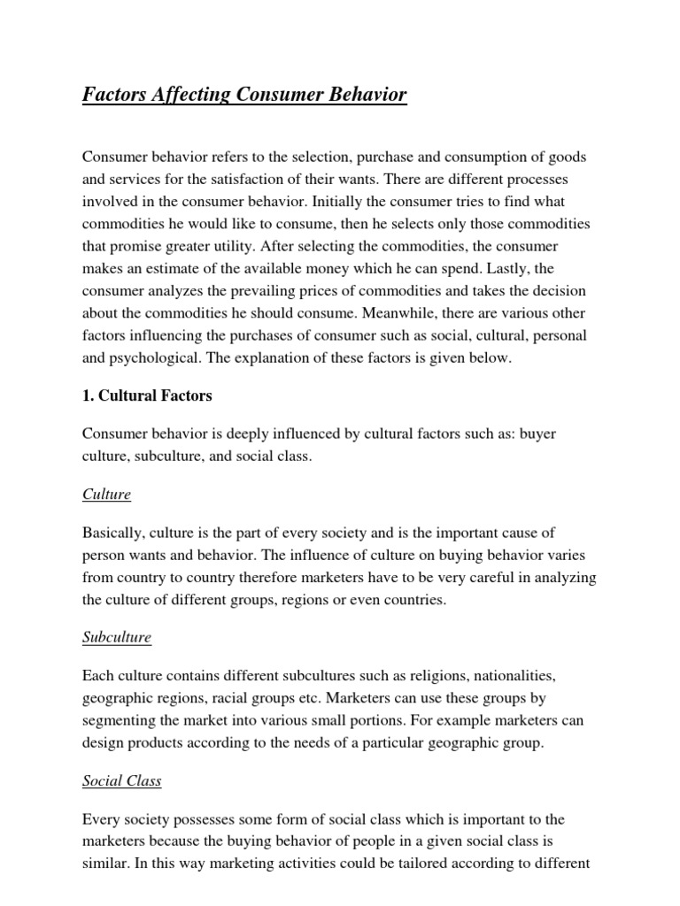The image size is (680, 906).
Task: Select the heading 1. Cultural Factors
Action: point(147,395)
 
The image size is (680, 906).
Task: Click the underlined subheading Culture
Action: point(106,495)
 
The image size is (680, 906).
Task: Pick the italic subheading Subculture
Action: point(117,637)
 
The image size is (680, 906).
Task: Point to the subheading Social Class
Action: point(122,780)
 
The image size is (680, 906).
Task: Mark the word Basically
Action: point(112,533)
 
